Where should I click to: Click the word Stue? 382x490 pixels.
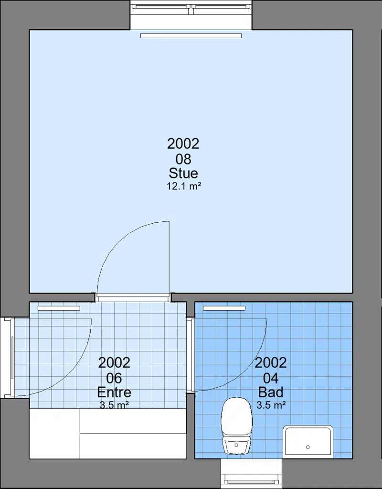183,173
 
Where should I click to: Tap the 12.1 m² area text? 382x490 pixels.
183,186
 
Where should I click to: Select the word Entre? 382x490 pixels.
114,392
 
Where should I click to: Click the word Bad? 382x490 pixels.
271,392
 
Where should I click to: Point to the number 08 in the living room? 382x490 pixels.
183,159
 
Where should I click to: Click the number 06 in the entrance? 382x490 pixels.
114,378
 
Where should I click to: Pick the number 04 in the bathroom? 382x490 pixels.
271,378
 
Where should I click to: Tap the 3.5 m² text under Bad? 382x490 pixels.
271,405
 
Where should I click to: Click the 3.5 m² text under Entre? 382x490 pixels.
114,405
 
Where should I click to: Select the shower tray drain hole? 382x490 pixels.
308,447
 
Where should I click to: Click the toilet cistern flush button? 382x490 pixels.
236,445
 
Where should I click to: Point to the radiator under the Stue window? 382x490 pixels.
191,36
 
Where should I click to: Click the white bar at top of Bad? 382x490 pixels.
224,308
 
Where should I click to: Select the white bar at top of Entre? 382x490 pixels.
59,308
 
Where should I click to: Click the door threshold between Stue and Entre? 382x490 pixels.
133,297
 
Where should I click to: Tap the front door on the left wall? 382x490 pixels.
12,358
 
